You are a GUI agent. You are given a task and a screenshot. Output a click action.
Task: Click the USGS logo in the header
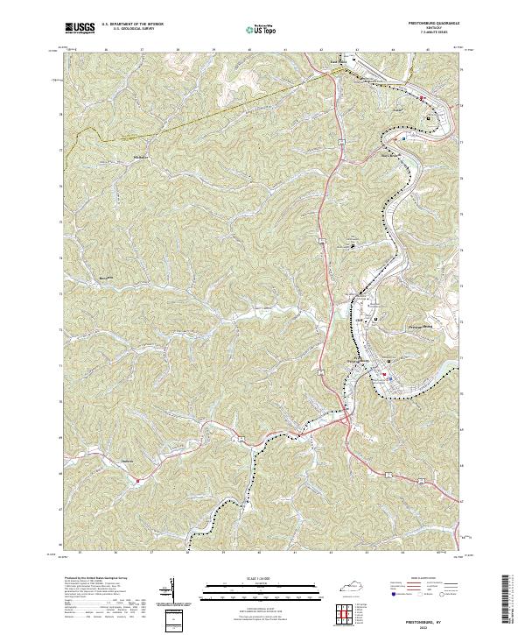coord(80,29)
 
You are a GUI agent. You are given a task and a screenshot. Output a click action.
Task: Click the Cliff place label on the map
coord(359,321)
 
